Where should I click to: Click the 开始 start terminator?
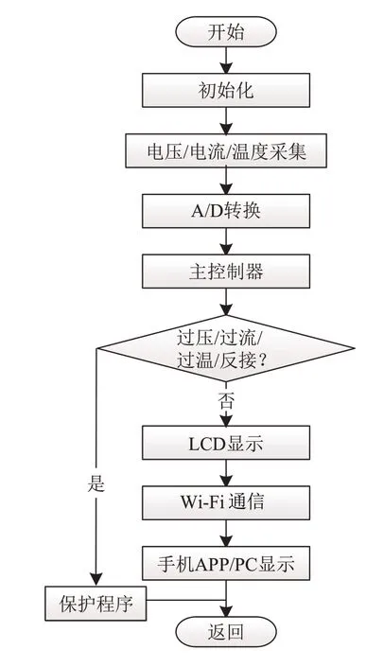(x=226, y=31)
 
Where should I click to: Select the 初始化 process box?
(x=226, y=90)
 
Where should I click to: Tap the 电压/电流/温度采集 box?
(x=226, y=150)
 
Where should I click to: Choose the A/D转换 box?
(x=226, y=211)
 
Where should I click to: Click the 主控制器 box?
(x=226, y=271)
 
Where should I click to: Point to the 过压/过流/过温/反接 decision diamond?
(x=226, y=348)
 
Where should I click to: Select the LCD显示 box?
(x=226, y=443)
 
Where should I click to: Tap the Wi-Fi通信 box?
(x=226, y=502)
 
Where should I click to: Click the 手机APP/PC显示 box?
(x=226, y=563)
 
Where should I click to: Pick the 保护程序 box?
(x=96, y=604)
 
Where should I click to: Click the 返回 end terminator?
(x=226, y=632)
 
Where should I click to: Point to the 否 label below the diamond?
(x=226, y=400)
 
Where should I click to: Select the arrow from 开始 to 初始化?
(x=226, y=60)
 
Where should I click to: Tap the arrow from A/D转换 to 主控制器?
(x=226, y=241)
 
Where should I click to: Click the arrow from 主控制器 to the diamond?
(x=226, y=302)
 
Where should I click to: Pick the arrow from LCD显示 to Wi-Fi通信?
(x=226, y=473)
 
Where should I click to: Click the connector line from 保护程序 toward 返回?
(x=186, y=600)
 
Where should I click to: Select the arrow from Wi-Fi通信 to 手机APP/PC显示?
(x=226, y=533)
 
